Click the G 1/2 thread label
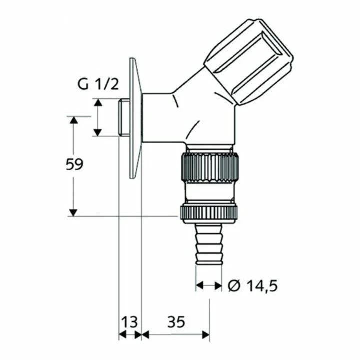98,84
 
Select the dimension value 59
74,164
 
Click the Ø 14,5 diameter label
252,286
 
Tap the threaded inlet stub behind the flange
124,118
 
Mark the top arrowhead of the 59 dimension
73,120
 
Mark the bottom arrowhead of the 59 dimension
73,212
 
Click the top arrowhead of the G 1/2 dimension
98,102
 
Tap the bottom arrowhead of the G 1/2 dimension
98,132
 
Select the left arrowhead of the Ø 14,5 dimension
199,285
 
